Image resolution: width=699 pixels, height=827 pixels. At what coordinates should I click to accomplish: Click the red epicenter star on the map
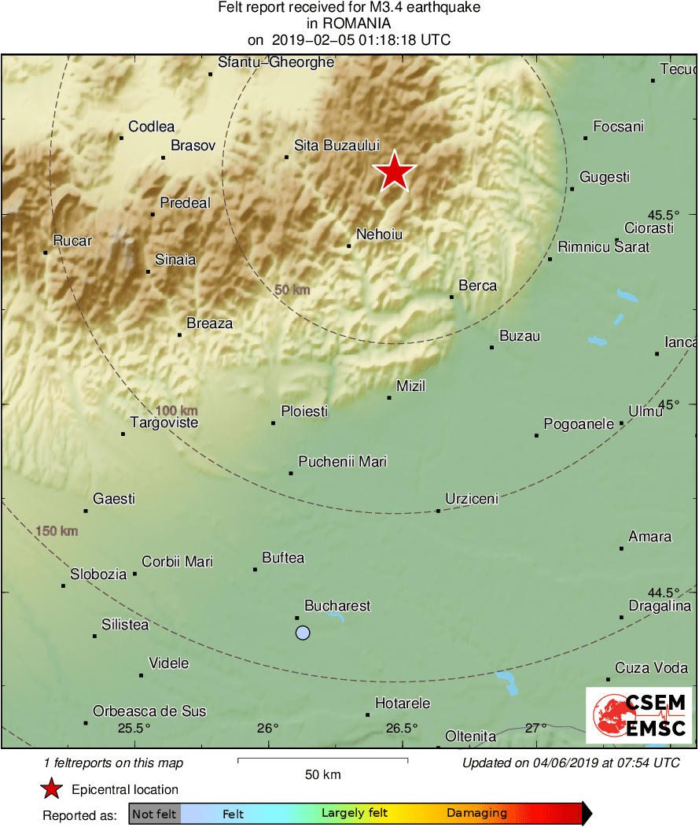(394, 172)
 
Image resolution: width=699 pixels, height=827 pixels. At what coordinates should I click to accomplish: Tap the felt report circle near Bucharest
(303, 633)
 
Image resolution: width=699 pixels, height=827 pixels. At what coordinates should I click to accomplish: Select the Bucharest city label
(337, 606)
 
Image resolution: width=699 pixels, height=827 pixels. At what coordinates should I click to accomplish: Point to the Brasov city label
(193, 146)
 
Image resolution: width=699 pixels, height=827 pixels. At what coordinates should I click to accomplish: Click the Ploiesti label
(304, 412)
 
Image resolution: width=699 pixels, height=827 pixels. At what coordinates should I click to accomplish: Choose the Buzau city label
(520, 336)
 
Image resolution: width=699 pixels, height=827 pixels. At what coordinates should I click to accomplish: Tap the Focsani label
(618, 127)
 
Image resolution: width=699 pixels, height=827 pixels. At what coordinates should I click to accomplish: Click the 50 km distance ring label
(292, 290)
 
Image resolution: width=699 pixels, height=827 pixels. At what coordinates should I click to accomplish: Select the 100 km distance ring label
(176, 411)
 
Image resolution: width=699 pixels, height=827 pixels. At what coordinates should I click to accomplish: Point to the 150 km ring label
(57, 532)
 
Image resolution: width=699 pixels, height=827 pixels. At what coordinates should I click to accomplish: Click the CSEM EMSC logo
(638, 714)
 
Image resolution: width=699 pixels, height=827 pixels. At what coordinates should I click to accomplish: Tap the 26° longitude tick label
(267, 727)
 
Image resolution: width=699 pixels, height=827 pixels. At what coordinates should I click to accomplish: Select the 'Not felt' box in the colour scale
(154, 814)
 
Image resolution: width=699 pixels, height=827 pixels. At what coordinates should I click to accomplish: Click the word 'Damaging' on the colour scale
(476, 814)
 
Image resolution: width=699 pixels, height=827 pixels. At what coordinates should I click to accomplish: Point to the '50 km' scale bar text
(322, 775)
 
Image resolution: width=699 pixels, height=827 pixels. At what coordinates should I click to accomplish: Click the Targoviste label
(164, 423)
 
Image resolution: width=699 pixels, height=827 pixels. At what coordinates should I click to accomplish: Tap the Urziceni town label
(472, 498)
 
